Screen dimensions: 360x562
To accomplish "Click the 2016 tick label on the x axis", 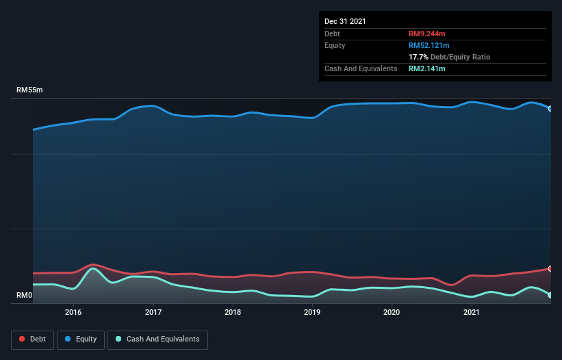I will pos(73,313).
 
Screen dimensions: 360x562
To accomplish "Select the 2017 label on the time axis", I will pos(153,313).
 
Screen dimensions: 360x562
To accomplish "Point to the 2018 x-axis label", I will pos(233,313).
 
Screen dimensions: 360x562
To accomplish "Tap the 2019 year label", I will pos(312,313).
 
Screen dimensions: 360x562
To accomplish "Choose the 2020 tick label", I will pos(392,313).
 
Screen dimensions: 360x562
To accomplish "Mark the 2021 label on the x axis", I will pos(471,313).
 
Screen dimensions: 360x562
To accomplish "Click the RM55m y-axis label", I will pos(29,90).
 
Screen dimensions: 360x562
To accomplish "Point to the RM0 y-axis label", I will pos(24,296).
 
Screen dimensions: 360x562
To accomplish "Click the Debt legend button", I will pos(32,339).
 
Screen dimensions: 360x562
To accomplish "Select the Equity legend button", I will pos(80,339).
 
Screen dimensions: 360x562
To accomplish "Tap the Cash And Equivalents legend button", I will pos(157,339).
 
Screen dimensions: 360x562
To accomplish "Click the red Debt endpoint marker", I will pos(550,268).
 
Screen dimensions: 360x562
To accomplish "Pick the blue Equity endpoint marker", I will pos(550,108).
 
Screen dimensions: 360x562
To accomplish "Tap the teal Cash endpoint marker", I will pos(550,295).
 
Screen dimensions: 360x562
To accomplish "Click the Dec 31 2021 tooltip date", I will pos(345,21).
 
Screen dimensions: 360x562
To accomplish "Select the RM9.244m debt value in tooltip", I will pos(428,34).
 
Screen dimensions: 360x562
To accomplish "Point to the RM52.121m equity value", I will pos(429,45).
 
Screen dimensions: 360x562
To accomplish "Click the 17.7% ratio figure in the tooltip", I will pos(418,57).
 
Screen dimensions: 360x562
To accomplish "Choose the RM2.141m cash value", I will pos(428,68).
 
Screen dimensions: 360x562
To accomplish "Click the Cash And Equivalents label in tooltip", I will pos(361,68).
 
